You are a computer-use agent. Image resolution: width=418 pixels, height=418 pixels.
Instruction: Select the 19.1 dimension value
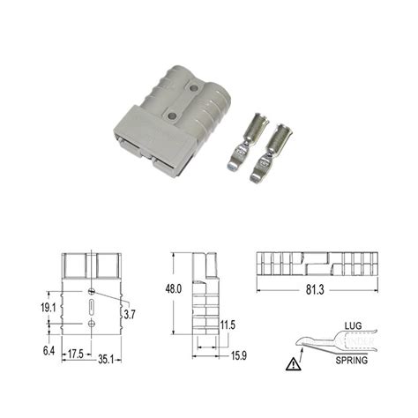tap(50, 309)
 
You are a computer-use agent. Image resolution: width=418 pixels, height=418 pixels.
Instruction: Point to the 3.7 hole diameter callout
tap(129, 313)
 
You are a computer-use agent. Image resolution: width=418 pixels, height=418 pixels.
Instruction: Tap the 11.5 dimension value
tap(228, 325)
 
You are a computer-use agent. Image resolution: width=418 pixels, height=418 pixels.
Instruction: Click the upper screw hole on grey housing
tap(192, 88)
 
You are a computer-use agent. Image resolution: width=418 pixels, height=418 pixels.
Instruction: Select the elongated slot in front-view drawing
tap(93, 307)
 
